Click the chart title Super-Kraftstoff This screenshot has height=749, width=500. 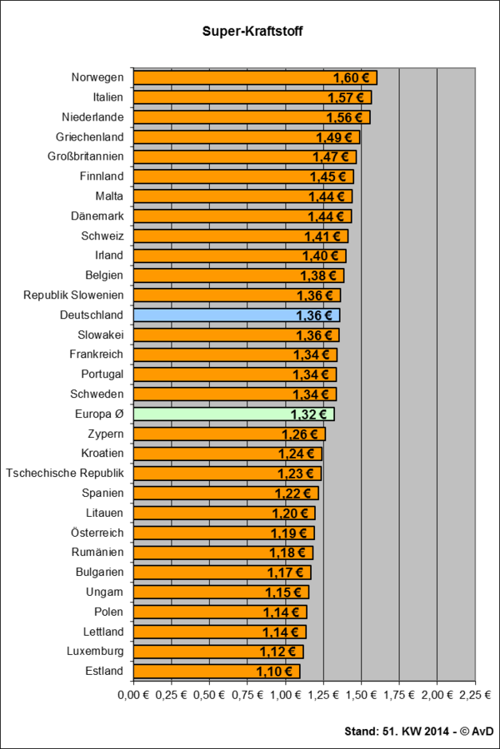pos(250,32)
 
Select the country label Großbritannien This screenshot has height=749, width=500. pos(86,156)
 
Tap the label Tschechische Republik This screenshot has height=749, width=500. pos(65,473)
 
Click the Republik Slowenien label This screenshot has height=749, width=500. pos(73,295)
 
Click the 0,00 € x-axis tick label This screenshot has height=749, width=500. pos(132,693)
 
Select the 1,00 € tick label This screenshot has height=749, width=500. pos(285,693)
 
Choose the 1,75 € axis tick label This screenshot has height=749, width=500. pos(399,693)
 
